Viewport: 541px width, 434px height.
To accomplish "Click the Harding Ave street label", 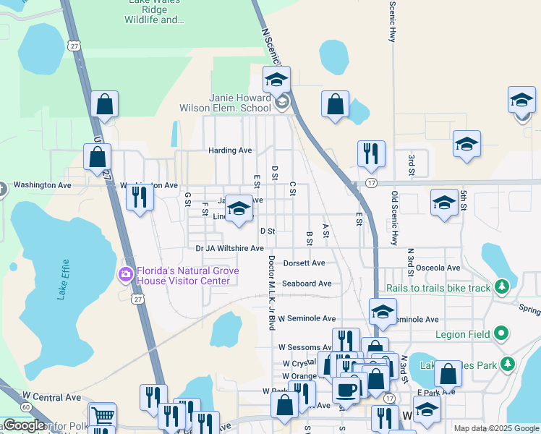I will (x=230, y=150).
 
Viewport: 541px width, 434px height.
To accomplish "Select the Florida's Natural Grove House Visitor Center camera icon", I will (x=126, y=273).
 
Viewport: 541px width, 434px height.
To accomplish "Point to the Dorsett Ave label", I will (x=304, y=263).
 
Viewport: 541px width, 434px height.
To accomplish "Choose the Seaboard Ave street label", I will (x=307, y=284).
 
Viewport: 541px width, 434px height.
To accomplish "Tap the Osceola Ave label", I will (x=438, y=268).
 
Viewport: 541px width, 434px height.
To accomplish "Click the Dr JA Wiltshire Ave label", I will (x=229, y=248).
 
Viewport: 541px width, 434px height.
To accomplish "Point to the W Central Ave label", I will (x=51, y=397).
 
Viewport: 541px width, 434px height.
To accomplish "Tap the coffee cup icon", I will (x=346, y=389).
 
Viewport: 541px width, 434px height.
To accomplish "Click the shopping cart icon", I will (x=103, y=416).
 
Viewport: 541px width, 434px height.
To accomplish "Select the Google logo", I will (x=24, y=425).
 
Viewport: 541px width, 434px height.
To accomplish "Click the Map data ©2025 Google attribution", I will (x=496, y=428).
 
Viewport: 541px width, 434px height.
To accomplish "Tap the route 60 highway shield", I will (x=25, y=407).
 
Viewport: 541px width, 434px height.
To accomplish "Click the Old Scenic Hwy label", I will (x=395, y=217).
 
